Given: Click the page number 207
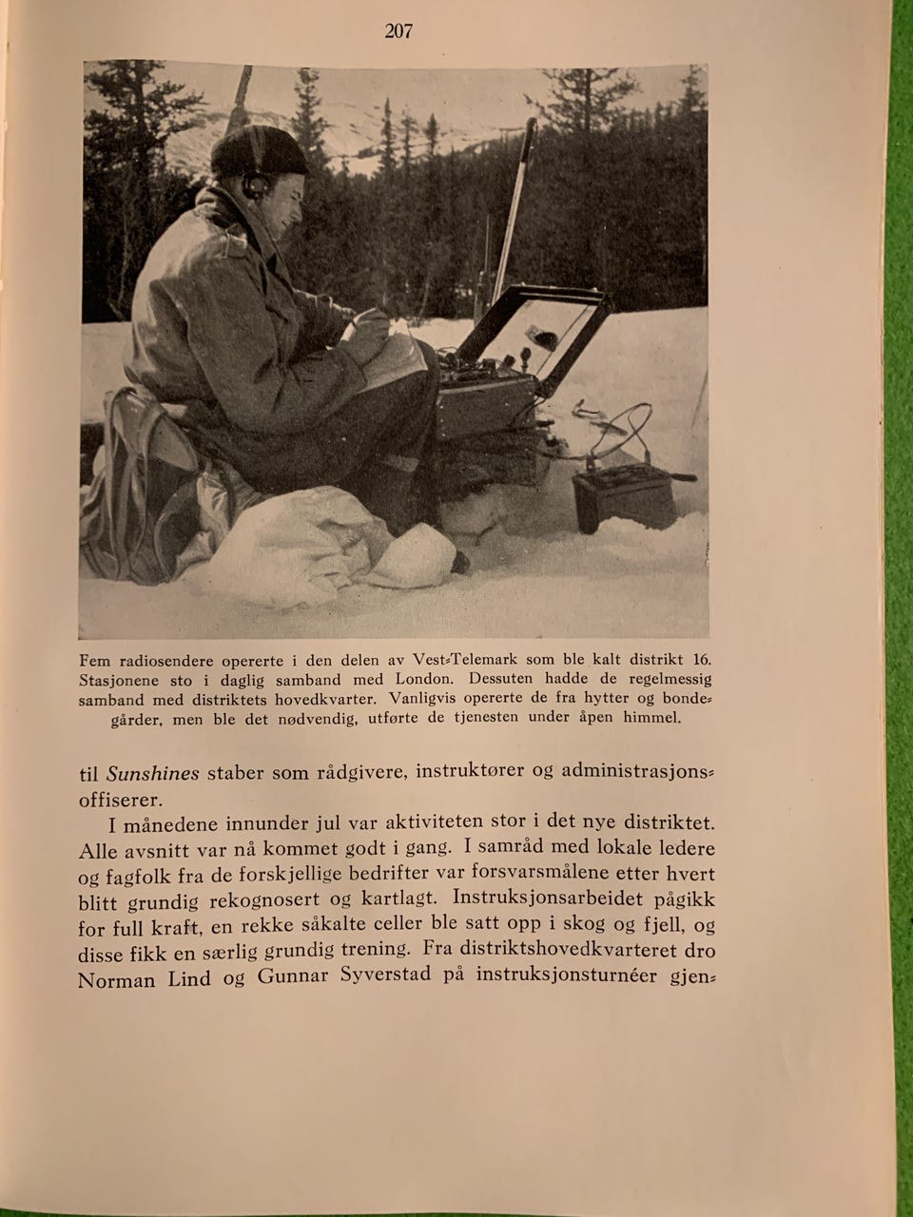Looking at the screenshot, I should (398, 31).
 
